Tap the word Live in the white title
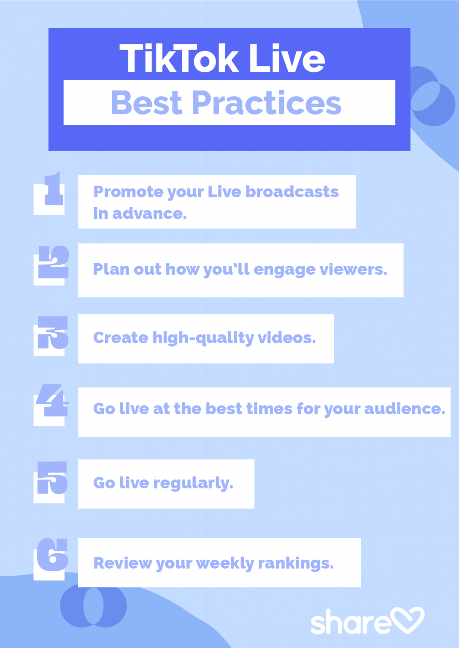click(x=287, y=59)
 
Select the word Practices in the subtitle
click(x=267, y=103)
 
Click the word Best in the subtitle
click(x=146, y=103)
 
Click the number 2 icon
click(x=53, y=262)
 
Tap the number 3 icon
click(x=52, y=333)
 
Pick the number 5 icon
click(x=52, y=478)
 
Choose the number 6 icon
click(x=52, y=555)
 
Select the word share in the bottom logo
click(x=350, y=623)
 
